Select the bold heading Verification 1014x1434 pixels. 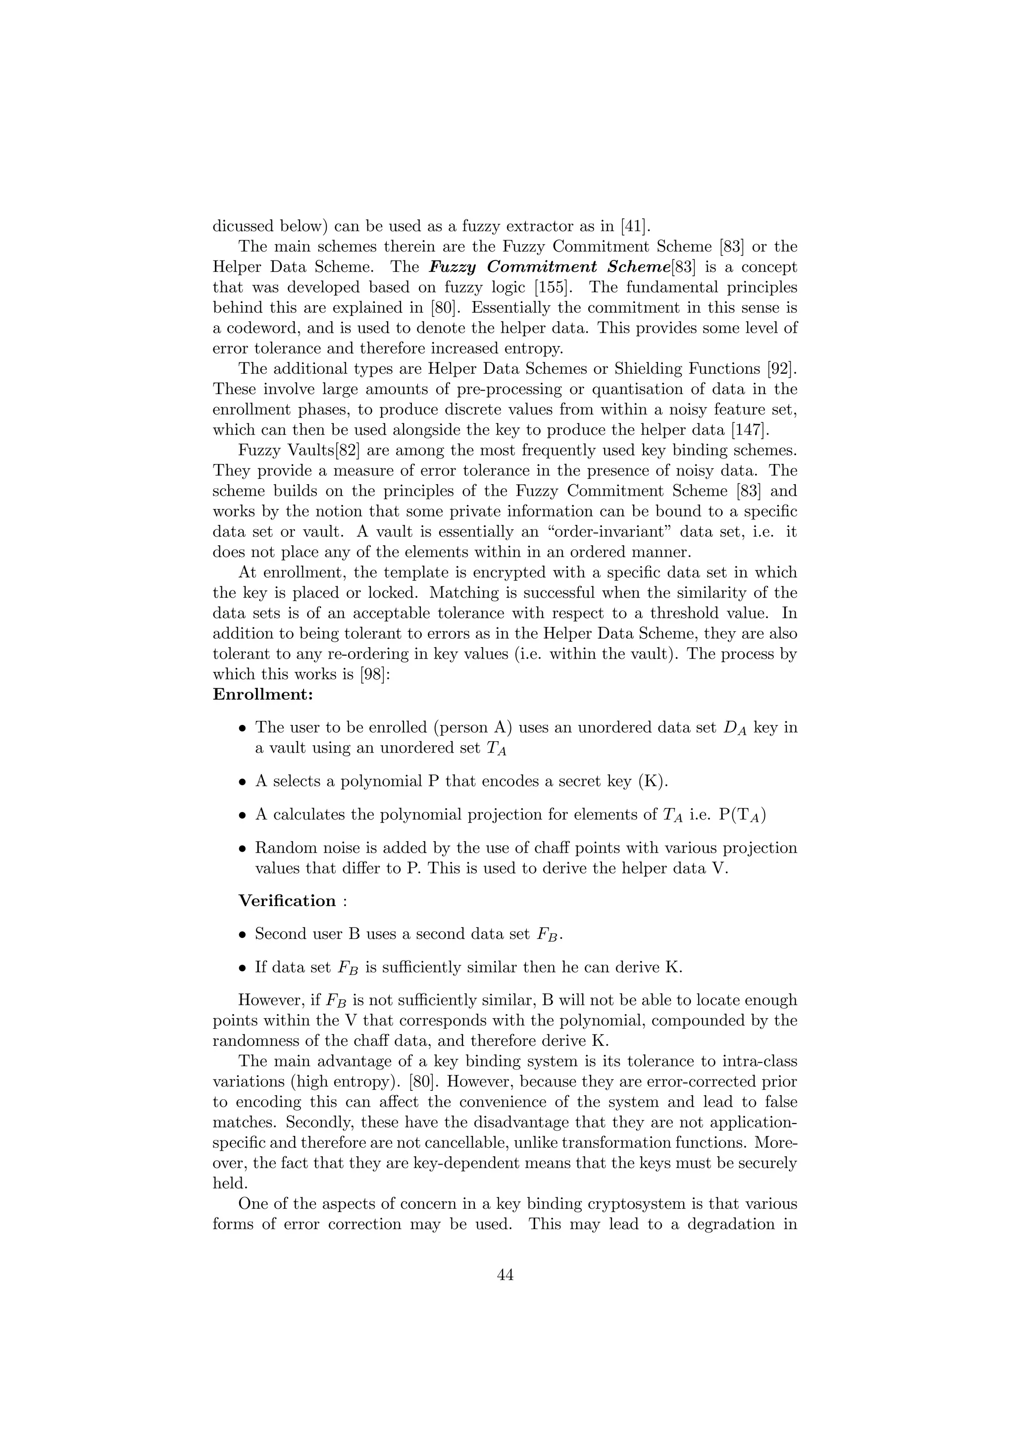click(x=287, y=901)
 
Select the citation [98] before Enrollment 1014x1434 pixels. click(x=376, y=674)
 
